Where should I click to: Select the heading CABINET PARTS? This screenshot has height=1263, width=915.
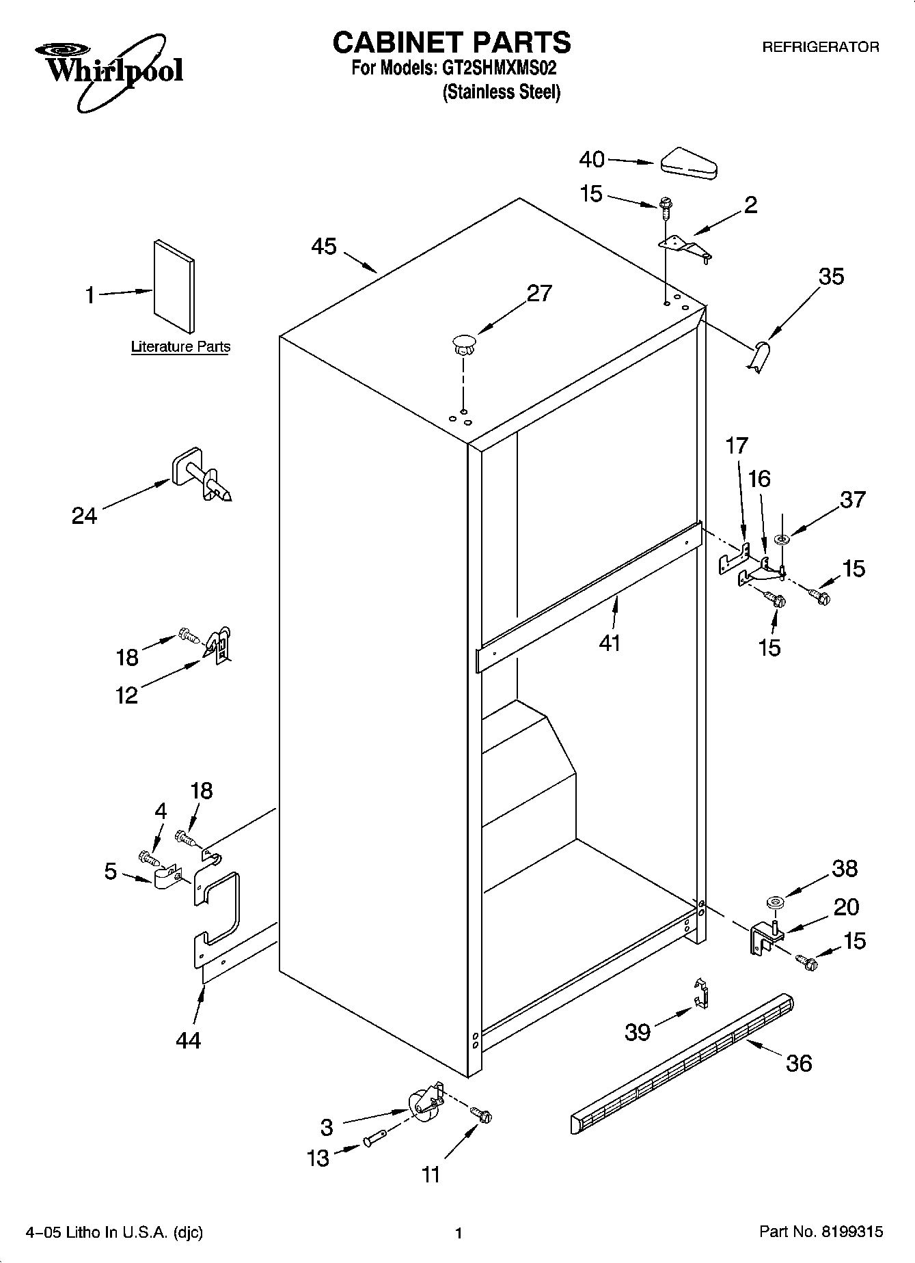pos(451,42)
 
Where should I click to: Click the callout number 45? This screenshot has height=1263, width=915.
pos(324,247)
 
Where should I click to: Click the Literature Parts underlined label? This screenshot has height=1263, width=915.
pos(180,347)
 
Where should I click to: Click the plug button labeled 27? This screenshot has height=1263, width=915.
pos(463,344)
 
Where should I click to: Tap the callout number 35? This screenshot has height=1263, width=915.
pos(831,277)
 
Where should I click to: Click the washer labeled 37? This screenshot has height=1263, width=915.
pos(782,540)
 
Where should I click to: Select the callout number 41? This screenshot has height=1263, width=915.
pos(610,643)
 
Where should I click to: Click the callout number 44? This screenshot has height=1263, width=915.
pos(188,1040)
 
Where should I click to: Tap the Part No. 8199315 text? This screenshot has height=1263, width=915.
pos(821,1232)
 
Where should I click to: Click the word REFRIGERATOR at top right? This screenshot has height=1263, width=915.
pos(820,47)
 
